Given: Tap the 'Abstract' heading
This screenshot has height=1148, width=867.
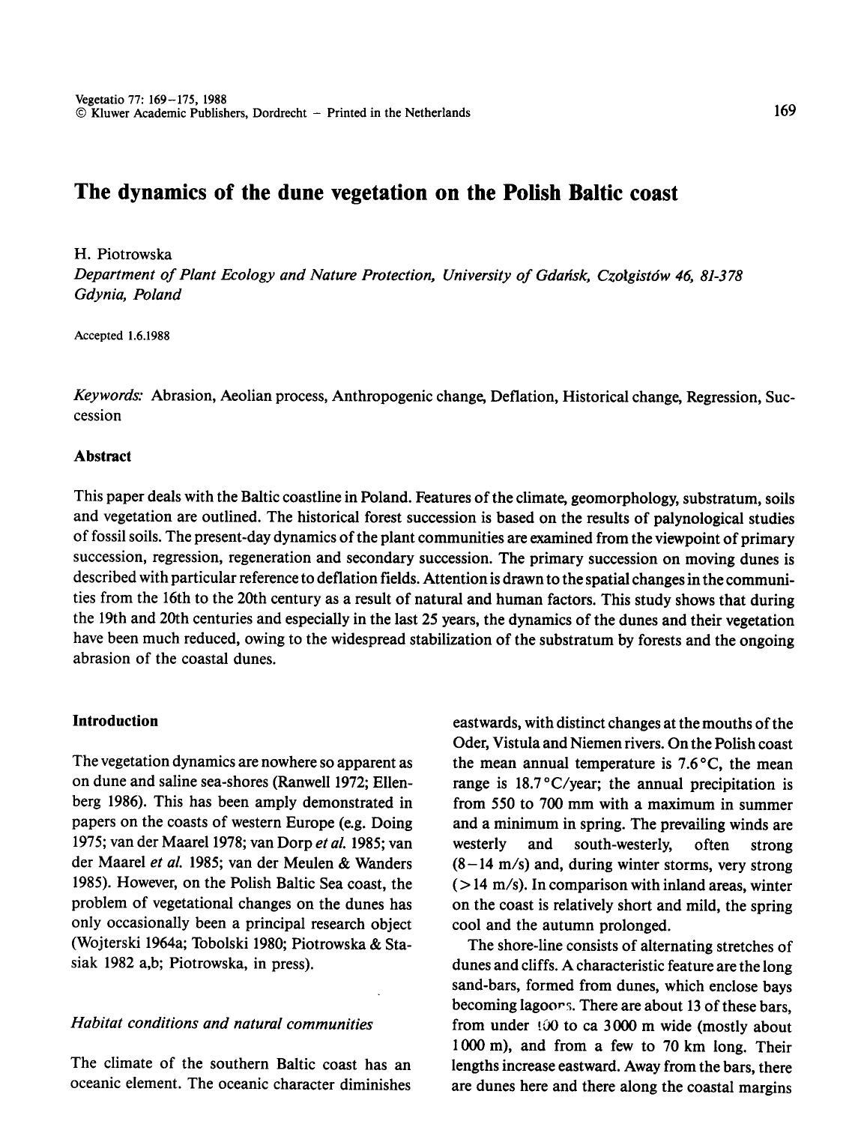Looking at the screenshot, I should tap(103, 456).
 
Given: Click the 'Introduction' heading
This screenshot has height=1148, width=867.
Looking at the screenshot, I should tap(115, 721).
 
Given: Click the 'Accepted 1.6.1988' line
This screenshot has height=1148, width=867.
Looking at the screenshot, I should tap(122, 336).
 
